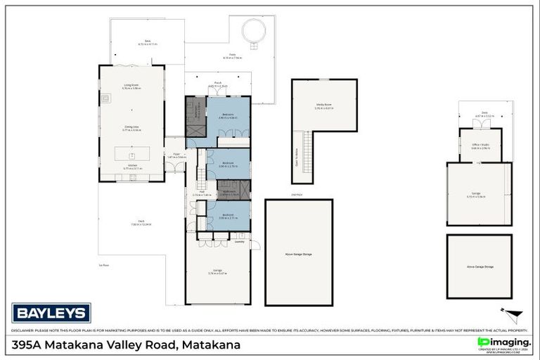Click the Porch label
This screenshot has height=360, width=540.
[218, 84]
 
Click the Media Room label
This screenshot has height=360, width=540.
[323, 105]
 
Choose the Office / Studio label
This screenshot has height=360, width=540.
[480, 146]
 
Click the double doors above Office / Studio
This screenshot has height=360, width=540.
[480, 124]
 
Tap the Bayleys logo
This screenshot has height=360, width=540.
[51, 312]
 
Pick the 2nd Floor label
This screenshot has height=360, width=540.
[297, 194]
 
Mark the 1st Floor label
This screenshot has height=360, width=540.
[104, 265]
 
